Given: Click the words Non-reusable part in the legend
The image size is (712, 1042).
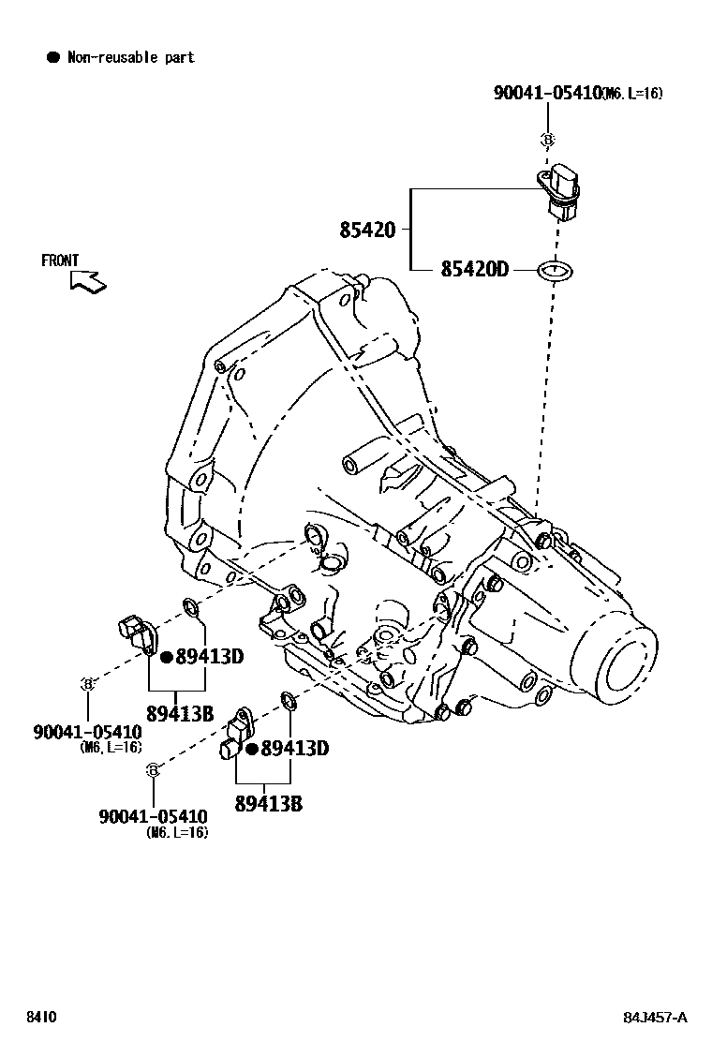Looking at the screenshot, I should point(130,57).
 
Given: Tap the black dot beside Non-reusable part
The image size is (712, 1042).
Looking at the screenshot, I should point(53,57).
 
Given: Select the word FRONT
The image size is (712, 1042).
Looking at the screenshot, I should point(60,260).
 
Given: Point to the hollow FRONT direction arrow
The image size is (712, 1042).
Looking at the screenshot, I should point(88,280).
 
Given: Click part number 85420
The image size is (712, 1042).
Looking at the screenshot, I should point(367,230).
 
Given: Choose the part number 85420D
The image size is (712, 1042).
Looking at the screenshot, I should point(474,270).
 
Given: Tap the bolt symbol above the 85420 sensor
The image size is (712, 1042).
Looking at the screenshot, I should point(548,140).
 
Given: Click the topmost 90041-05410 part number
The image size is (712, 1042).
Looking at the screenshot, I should point(547,93).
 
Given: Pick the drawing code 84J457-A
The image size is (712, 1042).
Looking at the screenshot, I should point(656,1018).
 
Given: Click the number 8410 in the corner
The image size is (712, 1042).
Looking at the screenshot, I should point(41,1018).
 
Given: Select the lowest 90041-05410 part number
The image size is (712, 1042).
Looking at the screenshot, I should point(153,817).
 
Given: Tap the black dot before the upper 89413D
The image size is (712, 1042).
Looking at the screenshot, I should point(166,657).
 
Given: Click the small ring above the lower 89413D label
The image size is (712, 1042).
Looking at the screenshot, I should point(289,700).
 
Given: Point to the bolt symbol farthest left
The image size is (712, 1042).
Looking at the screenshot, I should point(86,684).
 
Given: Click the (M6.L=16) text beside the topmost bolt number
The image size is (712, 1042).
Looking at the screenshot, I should point(632,94).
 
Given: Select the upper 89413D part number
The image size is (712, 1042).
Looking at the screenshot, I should point(210,657).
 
